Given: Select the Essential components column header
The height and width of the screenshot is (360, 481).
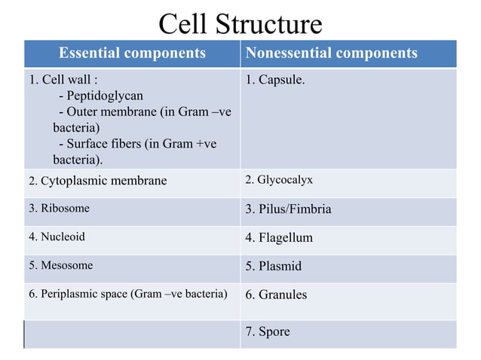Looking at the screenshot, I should coord(132,53).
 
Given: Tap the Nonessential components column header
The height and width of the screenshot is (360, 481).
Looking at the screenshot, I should coord(331,53).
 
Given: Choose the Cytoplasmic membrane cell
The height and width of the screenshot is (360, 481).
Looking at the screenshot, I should coord(98,181).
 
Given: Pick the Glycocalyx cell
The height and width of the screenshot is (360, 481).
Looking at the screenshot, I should coord(279,180).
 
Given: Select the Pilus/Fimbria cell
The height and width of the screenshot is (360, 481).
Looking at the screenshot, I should coord(289,209).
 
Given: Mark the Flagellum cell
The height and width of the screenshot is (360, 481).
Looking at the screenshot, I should coord(279,238).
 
